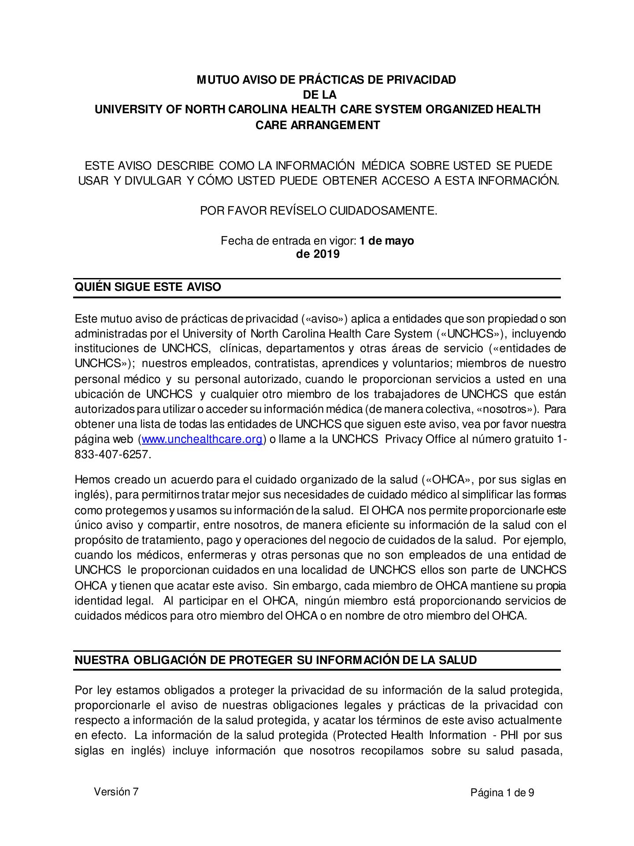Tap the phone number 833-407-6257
click(113, 454)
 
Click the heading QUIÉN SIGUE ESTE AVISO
click(148, 287)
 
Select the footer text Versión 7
click(116, 792)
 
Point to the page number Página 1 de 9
click(502, 793)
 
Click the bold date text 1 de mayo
click(386, 241)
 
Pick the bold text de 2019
click(318, 254)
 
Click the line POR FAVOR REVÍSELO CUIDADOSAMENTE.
click(319, 211)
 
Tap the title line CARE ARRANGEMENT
click(318, 125)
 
